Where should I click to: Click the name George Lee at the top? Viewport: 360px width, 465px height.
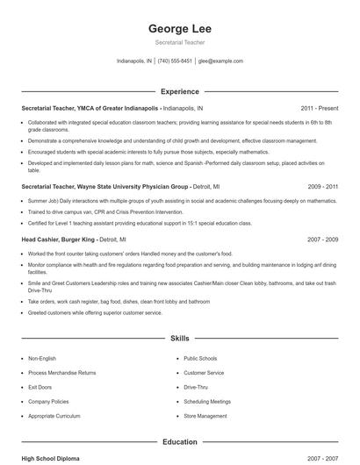(180, 29)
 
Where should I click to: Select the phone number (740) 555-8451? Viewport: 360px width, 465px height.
(175, 61)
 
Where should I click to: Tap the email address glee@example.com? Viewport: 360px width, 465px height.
(220, 61)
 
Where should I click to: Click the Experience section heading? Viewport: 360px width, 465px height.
(180, 91)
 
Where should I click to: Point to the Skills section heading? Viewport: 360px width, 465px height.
(180, 338)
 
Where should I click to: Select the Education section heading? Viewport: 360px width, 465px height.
(180, 442)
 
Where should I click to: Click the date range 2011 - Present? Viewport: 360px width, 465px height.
(319, 108)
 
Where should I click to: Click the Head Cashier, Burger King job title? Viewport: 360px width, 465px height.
(58, 239)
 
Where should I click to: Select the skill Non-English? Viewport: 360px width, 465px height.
(41, 359)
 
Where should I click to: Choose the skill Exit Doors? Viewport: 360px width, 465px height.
(40, 387)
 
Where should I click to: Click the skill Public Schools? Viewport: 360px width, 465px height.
(200, 359)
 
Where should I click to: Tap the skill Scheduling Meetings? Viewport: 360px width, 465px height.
(207, 401)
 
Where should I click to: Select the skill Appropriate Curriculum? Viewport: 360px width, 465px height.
(53, 416)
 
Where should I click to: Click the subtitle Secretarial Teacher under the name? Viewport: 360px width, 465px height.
(180, 44)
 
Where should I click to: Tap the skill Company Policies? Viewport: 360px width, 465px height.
(47, 401)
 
